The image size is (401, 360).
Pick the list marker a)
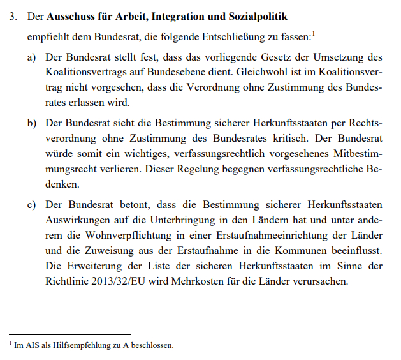31,59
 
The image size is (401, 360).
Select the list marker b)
31,123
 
